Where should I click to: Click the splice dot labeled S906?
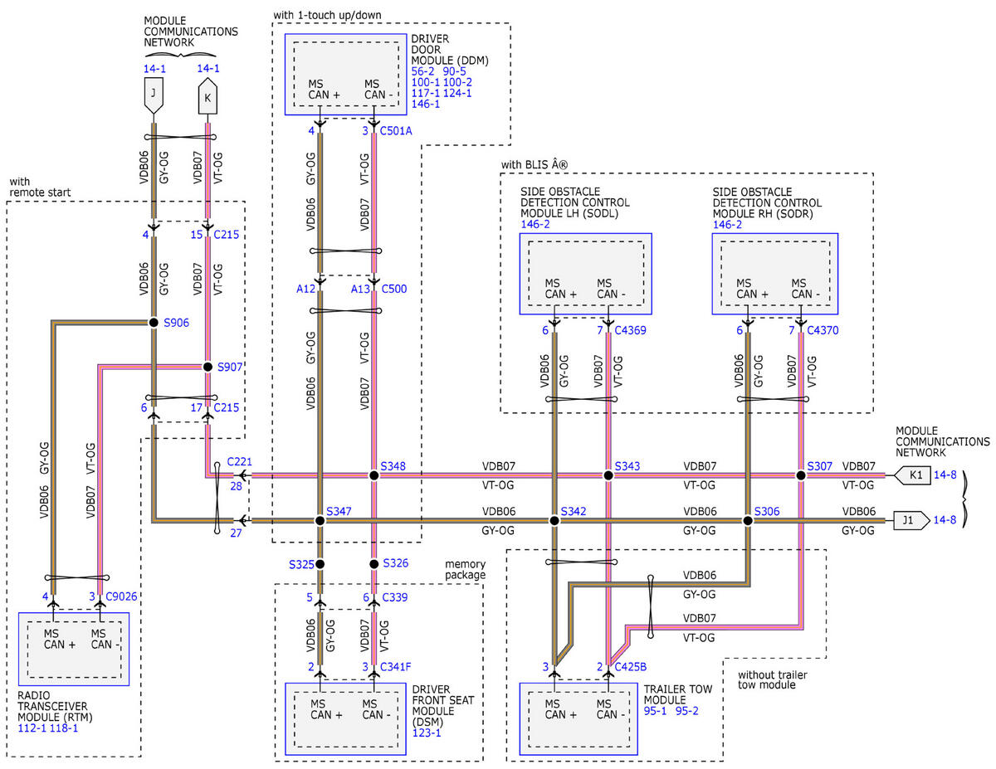(154, 323)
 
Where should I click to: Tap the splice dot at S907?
(207, 367)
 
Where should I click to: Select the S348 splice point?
(374, 476)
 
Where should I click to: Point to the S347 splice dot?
(320, 521)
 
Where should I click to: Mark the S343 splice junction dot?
(608, 476)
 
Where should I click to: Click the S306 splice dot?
(748, 521)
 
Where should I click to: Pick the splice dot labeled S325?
(320, 564)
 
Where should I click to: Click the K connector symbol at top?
(207, 96)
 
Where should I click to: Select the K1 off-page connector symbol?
(912, 475)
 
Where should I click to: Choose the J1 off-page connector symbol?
(911, 520)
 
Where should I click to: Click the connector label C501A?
(396, 131)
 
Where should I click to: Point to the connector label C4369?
(630, 330)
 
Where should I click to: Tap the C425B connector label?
(630, 667)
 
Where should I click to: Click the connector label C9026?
(121, 596)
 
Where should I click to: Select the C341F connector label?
(396, 667)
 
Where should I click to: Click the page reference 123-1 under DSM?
(427, 732)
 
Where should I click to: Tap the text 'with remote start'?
(40, 187)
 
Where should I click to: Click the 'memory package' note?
(466, 569)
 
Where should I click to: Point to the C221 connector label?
(239, 462)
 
